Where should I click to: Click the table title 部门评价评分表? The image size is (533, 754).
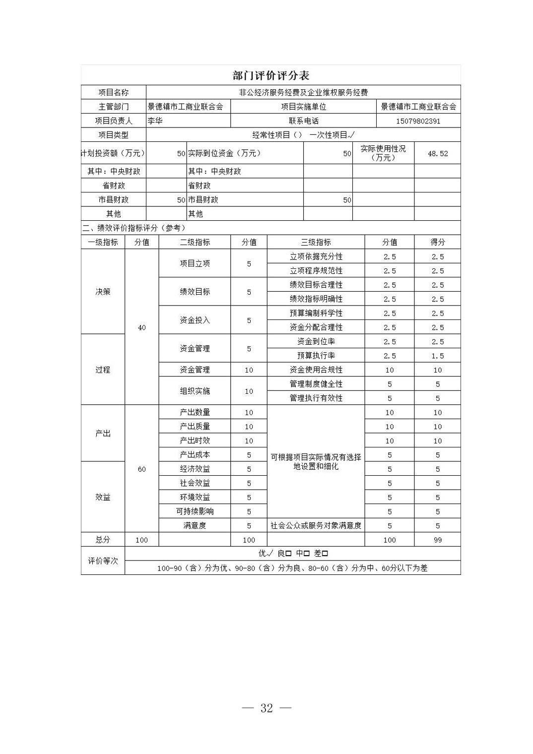[270, 75]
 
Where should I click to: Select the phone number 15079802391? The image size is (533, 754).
[418, 121]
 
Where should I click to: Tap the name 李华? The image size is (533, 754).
[155, 121]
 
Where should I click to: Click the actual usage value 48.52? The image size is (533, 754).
[437, 154]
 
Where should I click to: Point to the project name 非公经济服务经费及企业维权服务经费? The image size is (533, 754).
[303, 92]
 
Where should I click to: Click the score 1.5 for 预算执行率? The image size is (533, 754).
[437, 356]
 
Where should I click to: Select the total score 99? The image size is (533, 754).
[437, 540]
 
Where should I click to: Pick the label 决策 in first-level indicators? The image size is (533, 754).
[103, 292]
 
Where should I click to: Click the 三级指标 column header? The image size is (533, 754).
[316, 243]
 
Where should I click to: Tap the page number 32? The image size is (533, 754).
[266, 708]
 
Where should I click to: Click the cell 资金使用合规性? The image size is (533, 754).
[316, 370]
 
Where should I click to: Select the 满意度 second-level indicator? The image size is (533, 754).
[195, 526]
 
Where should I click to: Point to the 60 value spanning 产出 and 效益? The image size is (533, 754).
[141, 469]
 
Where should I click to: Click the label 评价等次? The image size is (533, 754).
[103, 561]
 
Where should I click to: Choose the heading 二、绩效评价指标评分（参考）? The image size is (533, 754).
[133, 228]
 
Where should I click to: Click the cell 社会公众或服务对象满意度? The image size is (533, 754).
[316, 526]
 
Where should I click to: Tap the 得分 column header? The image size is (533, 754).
[437, 243]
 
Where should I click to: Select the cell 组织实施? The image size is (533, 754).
[195, 391]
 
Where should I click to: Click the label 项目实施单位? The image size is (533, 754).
[303, 107]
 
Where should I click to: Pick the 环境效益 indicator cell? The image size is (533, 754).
[195, 498]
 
